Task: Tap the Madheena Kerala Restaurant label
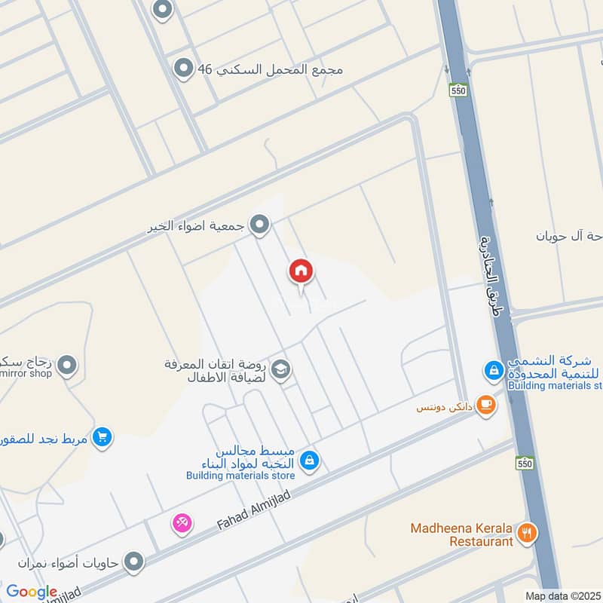pyautogui.click(x=461, y=534)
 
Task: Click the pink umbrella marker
pyautogui.click(x=182, y=522)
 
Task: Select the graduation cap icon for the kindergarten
pyautogui.click(x=283, y=370)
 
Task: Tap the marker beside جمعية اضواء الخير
pyautogui.click(x=260, y=225)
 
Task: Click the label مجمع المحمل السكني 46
pyautogui.click(x=270, y=69)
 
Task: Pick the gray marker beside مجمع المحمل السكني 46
pyautogui.click(x=182, y=69)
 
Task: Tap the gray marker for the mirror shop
pyautogui.click(x=67, y=366)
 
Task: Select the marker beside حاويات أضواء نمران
pyautogui.click(x=133, y=562)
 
